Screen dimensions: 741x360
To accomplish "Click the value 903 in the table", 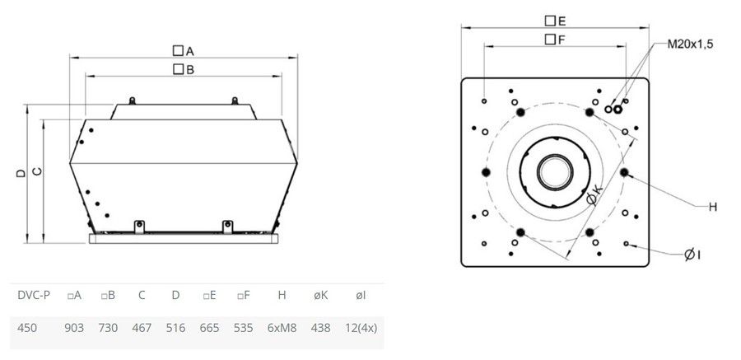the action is click(74, 327).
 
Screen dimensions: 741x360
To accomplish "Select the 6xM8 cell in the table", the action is click(282, 327).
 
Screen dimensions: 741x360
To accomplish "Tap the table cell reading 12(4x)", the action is click(360, 327).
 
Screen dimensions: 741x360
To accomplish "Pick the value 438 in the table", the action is click(320, 327).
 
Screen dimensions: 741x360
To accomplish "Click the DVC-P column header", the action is click(34, 296).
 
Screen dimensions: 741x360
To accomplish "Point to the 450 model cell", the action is click(27, 327).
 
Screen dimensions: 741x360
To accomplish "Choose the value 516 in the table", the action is click(175, 327).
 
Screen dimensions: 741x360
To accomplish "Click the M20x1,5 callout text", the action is click(690, 44).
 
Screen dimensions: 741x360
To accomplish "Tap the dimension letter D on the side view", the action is click(21, 174).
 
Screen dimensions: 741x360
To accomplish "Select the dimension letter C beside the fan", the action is click(37, 171).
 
